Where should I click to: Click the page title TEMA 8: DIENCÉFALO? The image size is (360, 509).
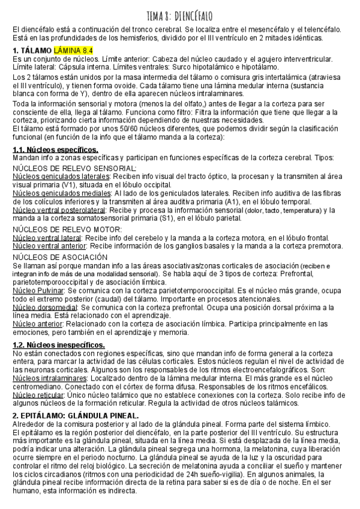click(179, 14)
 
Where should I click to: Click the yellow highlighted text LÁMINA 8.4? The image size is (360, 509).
click(73, 50)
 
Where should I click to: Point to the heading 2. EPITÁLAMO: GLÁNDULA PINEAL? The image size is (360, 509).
click(76, 415)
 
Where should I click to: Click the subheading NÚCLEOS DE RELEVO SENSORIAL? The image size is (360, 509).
click(74, 168)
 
